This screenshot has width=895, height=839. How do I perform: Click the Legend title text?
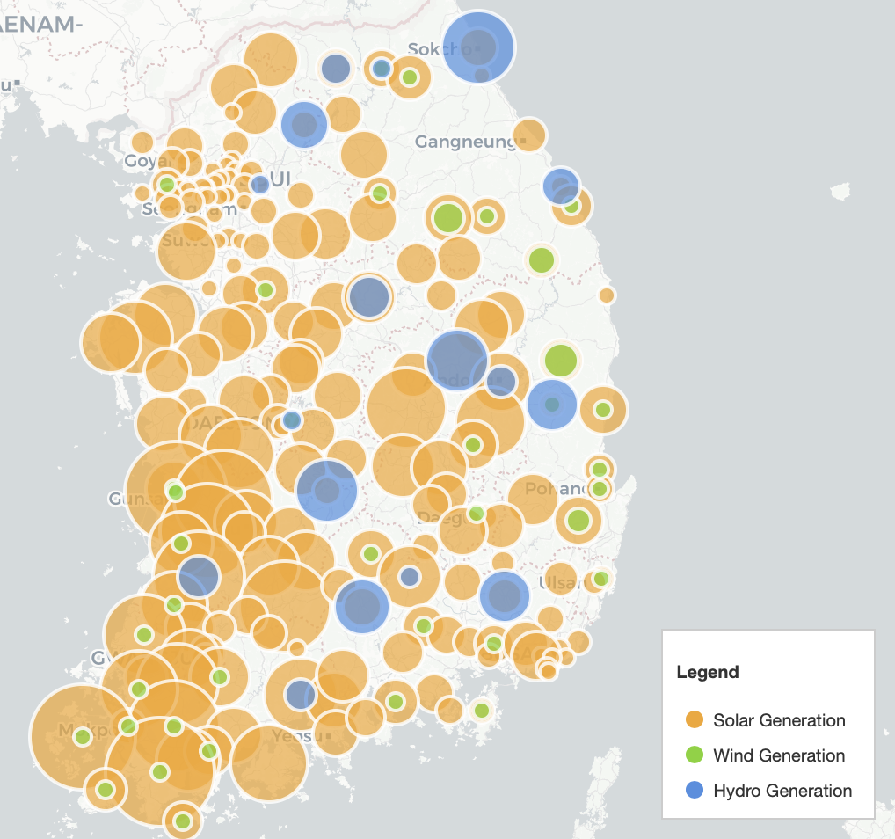pyautogui.click(x=708, y=673)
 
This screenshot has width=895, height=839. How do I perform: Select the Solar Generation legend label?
pyautogui.click(x=779, y=720)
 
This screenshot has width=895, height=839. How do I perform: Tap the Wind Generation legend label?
pyautogui.click(x=779, y=755)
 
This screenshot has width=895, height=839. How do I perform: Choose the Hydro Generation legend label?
pyautogui.click(x=782, y=791)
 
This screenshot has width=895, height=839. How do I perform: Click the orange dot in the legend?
pyautogui.click(x=695, y=720)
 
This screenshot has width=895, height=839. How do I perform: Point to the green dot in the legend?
pyautogui.click(x=695, y=755)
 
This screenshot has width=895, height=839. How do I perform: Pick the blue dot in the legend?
pyautogui.click(x=695, y=791)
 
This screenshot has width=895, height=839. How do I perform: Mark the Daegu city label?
pyautogui.click(x=437, y=517)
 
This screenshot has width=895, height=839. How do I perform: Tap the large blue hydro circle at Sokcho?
pyautogui.click(x=478, y=47)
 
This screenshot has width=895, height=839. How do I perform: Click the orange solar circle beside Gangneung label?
pyautogui.click(x=528, y=135)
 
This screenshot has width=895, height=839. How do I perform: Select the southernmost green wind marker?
pyautogui.click(x=183, y=821)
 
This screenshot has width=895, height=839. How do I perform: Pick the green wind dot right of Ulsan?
pyautogui.click(x=600, y=579)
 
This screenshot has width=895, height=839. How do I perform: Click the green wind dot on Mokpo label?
pyautogui.click(x=83, y=737)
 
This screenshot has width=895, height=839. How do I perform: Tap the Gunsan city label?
pyautogui.click(x=123, y=499)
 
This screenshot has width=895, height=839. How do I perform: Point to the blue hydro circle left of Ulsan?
pyautogui.click(x=505, y=595)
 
